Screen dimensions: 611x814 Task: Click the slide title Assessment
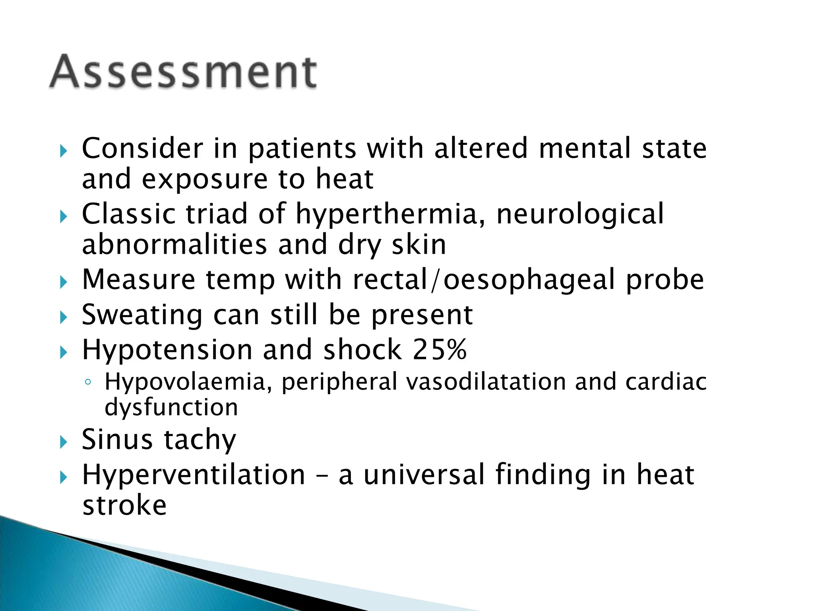click(x=183, y=72)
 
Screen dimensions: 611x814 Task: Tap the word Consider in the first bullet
click(x=142, y=148)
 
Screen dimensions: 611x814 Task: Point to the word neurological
click(x=580, y=215)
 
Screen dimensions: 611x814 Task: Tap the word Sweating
click(x=142, y=315)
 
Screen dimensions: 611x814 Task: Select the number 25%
click(x=439, y=350)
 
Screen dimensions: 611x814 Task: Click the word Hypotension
click(x=167, y=350)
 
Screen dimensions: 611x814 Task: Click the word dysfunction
click(x=171, y=407)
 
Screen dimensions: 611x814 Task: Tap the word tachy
click(x=200, y=440)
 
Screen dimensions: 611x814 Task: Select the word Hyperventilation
click(x=193, y=475)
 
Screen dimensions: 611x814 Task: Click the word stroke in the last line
click(x=124, y=506)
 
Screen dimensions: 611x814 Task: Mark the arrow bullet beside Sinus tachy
click(x=64, y=442)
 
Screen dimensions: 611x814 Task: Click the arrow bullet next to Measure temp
click(x=64, y=282)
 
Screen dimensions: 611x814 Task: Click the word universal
click(x=424, y=475)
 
